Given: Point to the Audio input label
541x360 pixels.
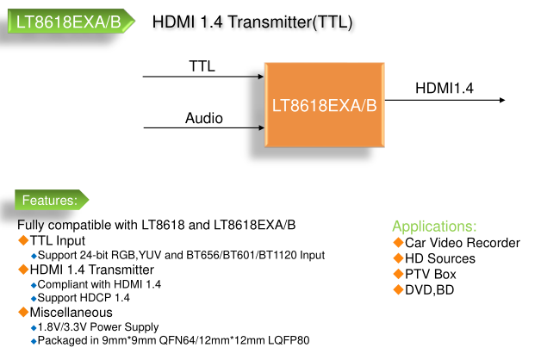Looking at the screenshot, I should click(204, 118).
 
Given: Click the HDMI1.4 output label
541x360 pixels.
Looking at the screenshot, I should click(444, 88).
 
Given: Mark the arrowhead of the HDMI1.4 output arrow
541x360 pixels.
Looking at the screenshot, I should click(500, 101).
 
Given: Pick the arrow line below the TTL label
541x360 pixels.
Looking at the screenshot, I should click(203, 78).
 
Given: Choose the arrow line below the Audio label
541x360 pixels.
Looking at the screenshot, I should click(203, 128).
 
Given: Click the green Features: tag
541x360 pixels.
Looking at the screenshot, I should click(50, 201).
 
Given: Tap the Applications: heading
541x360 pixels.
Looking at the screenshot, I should click(434, 227).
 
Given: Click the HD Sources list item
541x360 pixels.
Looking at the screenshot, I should click(439, 258).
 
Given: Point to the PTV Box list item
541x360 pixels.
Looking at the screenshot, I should click(430, 274).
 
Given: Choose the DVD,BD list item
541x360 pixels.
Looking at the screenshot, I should click(429, 289).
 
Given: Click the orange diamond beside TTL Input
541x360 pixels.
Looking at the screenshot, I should click(23, 240).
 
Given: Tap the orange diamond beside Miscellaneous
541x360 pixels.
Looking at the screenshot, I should click(23, 312).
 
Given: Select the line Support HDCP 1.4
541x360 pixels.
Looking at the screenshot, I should click(92, 298).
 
